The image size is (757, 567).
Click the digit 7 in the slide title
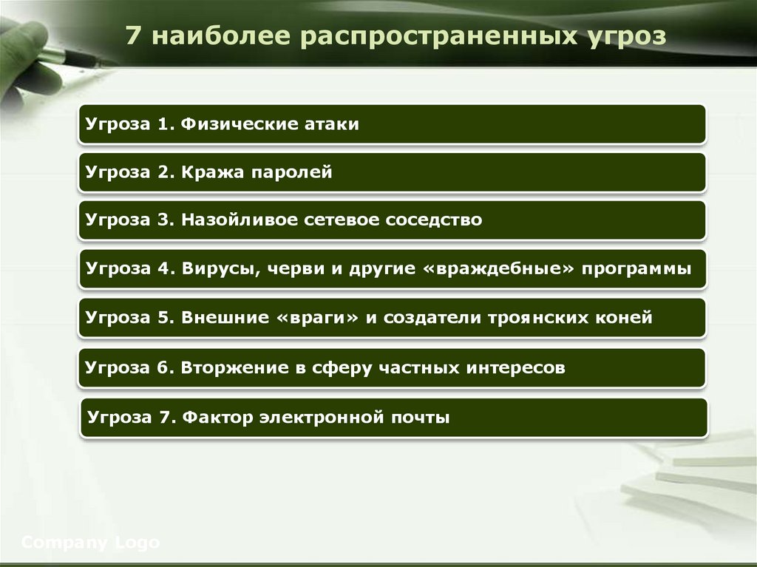pos(133,36)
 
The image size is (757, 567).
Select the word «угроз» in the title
pos(627,37)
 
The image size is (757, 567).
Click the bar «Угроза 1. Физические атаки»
pos(392,123)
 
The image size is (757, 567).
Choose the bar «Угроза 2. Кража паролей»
pos(392,172)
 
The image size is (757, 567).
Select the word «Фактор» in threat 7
pos(217,417)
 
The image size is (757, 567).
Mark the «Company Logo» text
pos(90,543)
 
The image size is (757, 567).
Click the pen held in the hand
pos(70,56)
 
